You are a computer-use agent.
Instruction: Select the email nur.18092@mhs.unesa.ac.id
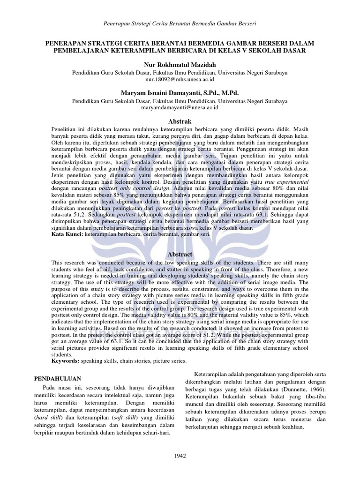(x=180, y=80)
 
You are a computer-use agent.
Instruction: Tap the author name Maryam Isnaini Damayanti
(x=180, y=93)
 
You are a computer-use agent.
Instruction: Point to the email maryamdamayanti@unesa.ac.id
(x=180, y=107)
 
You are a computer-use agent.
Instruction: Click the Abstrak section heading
(x=180, y=121)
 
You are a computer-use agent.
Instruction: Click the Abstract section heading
(x=180, y=254)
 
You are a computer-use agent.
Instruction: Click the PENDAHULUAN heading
(x=59, y=378)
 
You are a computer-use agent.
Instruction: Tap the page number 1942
(x=180, y=455)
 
